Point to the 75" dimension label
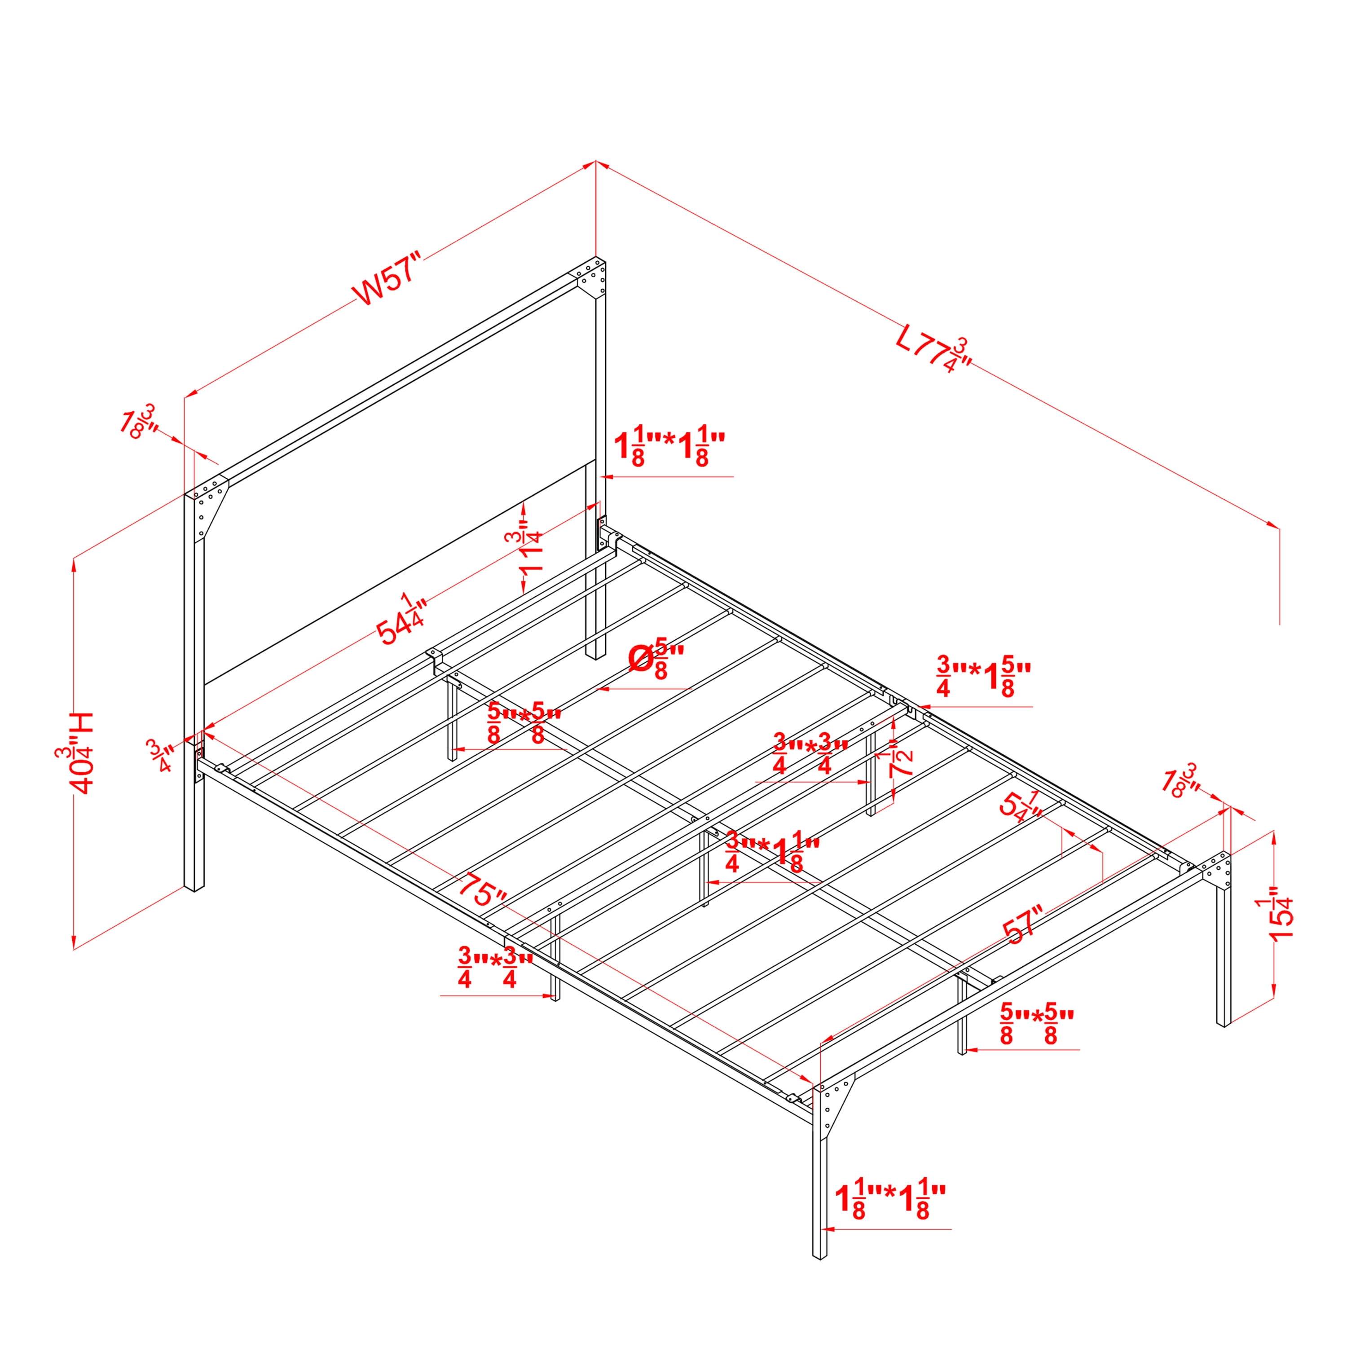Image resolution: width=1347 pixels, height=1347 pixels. (483, 888)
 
